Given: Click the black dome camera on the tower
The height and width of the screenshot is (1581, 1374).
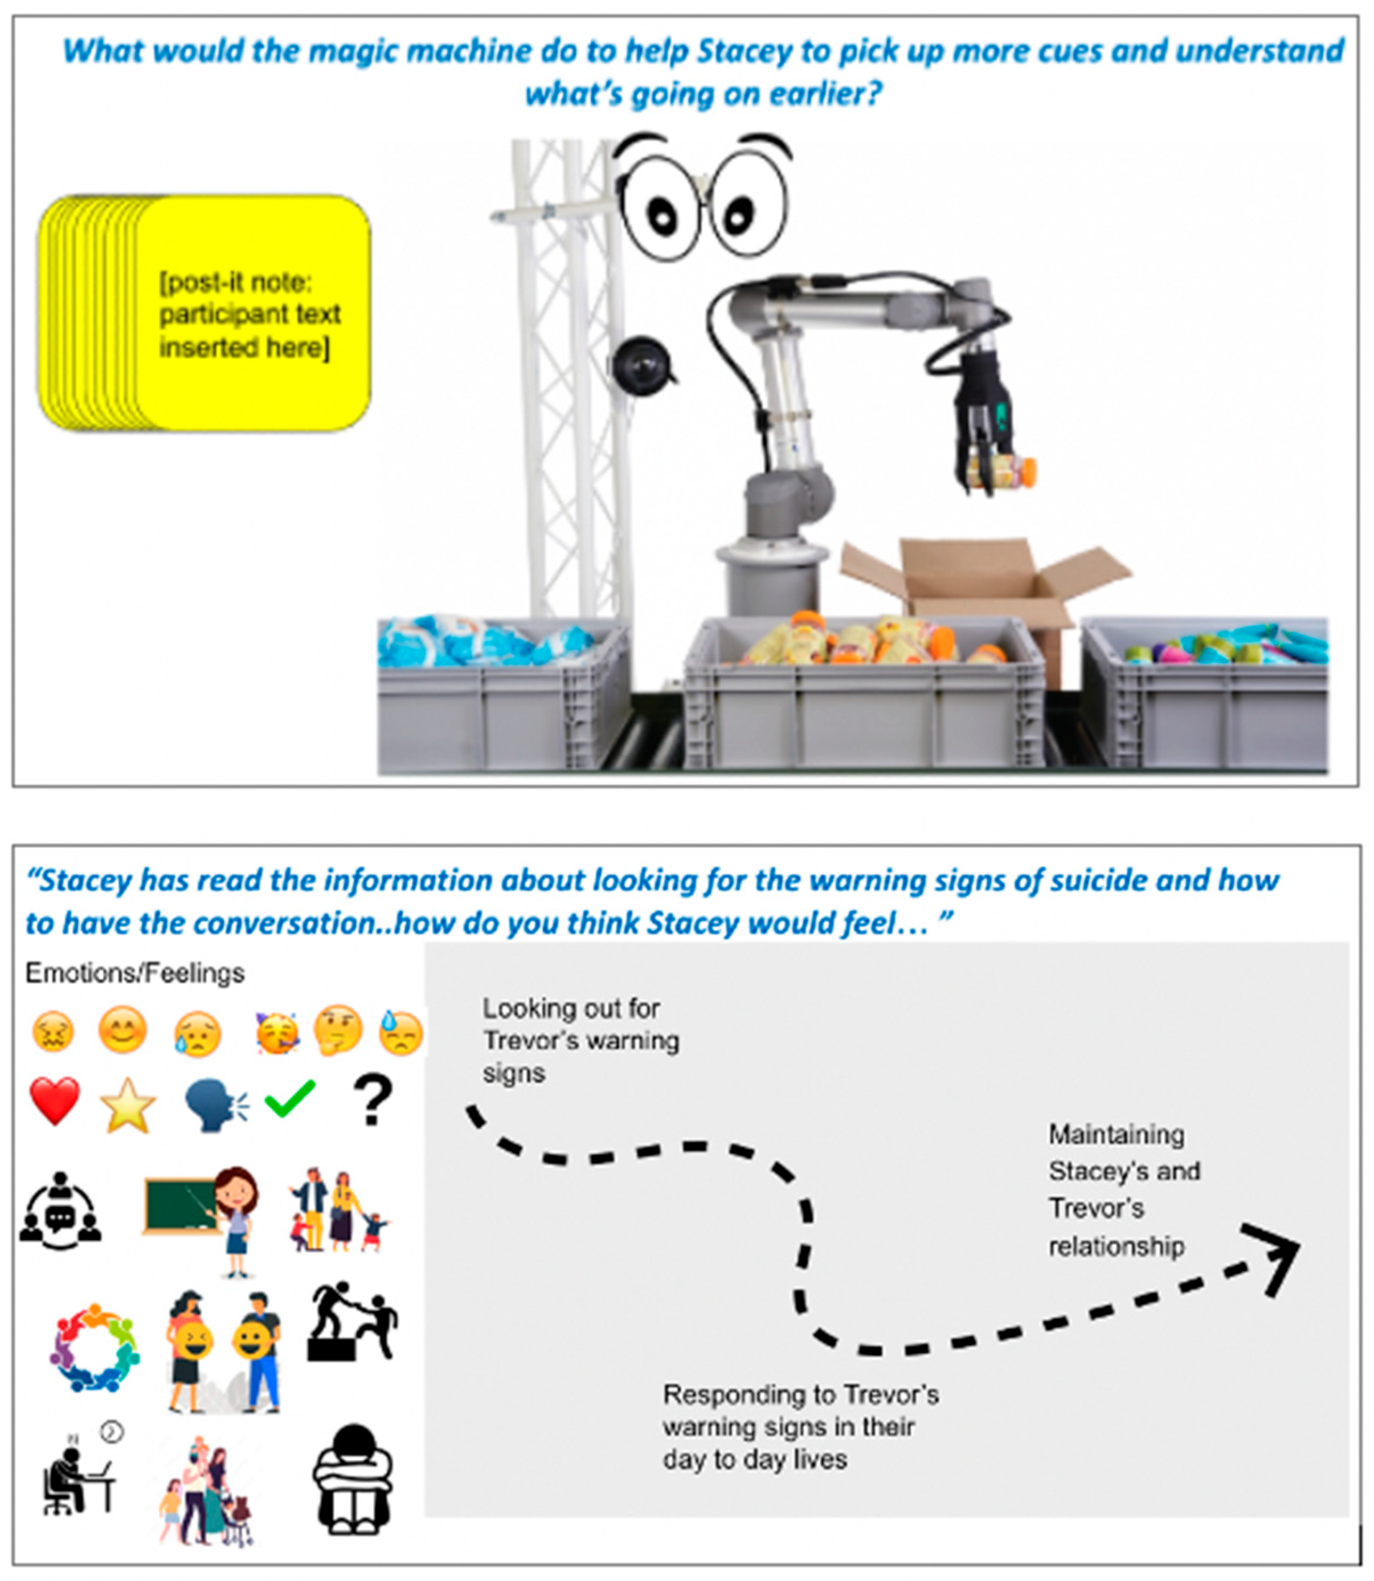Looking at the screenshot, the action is (641, 364).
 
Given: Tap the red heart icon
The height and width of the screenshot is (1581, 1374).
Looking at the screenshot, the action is (55, 1100).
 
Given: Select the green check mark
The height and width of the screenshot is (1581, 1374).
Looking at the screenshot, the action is (290, 1098).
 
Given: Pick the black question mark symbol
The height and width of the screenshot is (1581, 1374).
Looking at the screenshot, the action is (373, 1099).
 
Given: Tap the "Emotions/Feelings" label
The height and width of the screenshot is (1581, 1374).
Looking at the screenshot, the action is (135, 973).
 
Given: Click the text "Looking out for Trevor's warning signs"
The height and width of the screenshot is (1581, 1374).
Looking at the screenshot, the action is (580, 1040).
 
